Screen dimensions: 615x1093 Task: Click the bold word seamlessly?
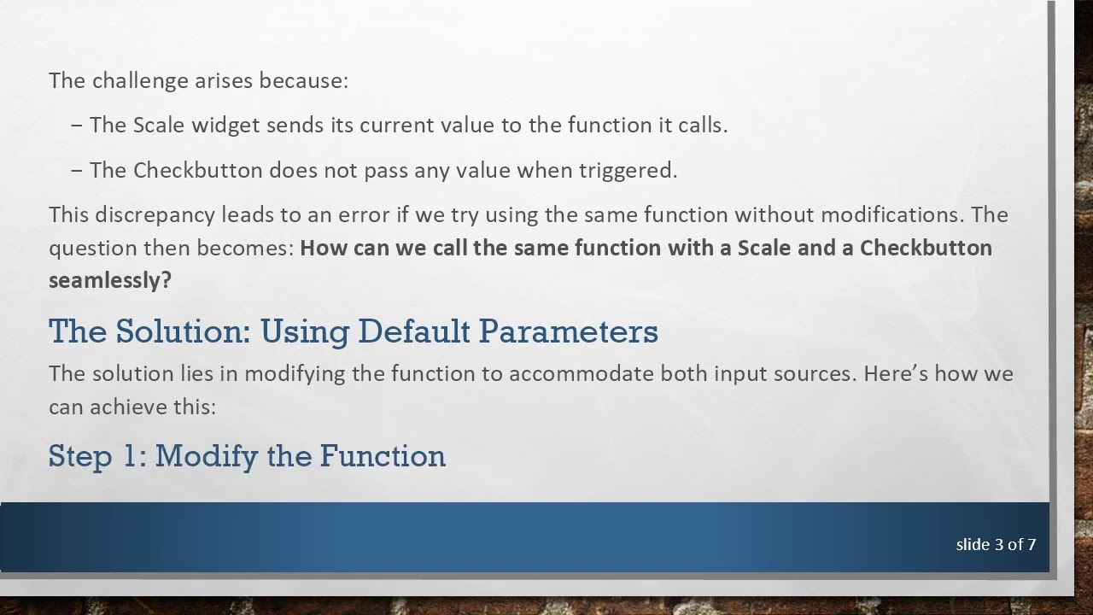[110, 280]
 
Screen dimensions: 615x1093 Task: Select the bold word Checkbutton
[926, 248]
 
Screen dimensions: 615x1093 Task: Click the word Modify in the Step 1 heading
[207, 456]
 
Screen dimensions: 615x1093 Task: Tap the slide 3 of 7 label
[996, 544]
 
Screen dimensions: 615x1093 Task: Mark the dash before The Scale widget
[77, 126]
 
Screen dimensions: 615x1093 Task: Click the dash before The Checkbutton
[77, 171]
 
